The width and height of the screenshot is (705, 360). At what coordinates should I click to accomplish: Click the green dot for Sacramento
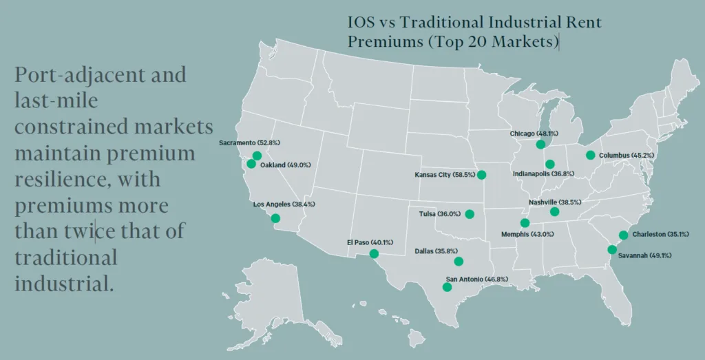click(x=257, y=156)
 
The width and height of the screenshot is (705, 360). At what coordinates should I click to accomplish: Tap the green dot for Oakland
click(x=251, y=165)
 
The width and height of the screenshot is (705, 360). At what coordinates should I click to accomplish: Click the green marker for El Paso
click(x=374, y=254)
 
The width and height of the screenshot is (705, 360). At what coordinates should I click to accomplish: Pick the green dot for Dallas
click(x=459, y=261)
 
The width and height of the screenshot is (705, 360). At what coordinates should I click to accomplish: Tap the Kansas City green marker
click(x=481, y=175)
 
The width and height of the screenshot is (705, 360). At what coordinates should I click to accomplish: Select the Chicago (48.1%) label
click(x=534, y=134)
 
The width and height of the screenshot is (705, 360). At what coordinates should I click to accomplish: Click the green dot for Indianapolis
click(x=549, y=164)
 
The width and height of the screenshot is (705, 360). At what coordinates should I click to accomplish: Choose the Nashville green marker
click(x=555, y=212)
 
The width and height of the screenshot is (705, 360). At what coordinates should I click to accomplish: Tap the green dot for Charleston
click(x=623, y=235)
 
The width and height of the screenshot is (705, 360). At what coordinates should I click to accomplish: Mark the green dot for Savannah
click(x=611, y=249)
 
